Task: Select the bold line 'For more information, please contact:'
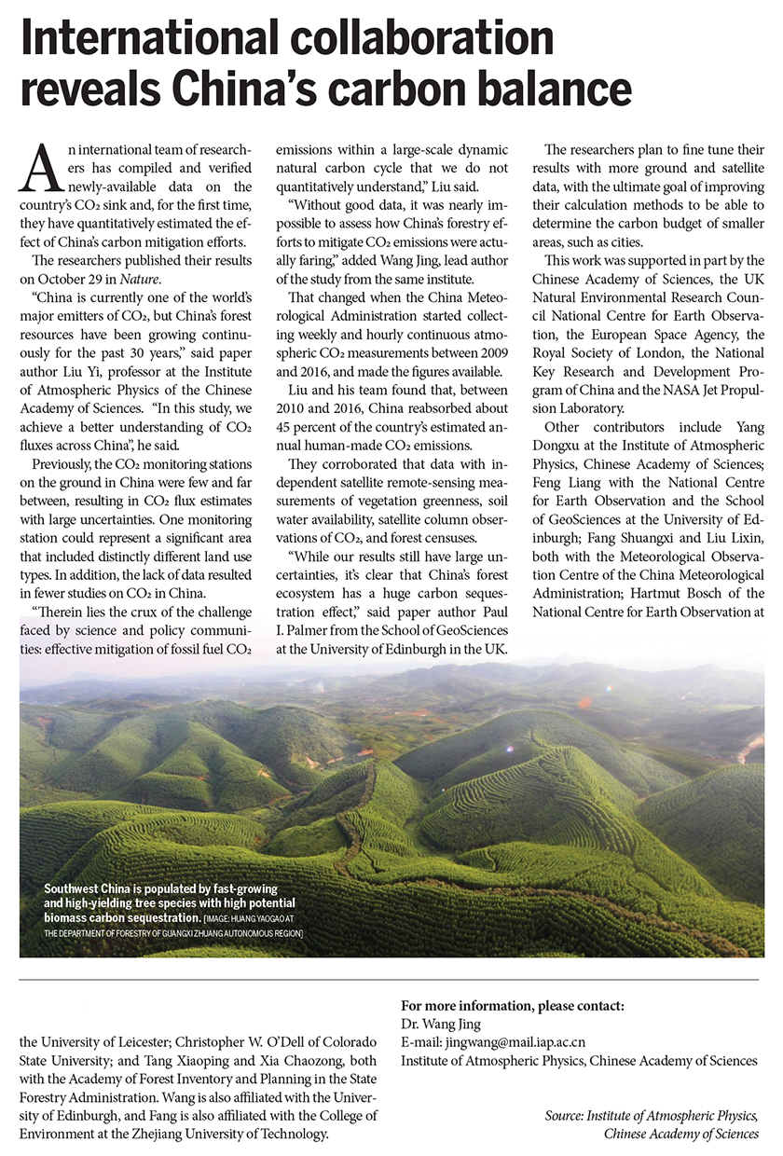(x=512, y=1005)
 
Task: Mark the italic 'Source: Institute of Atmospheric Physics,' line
(x=652, y=1116)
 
